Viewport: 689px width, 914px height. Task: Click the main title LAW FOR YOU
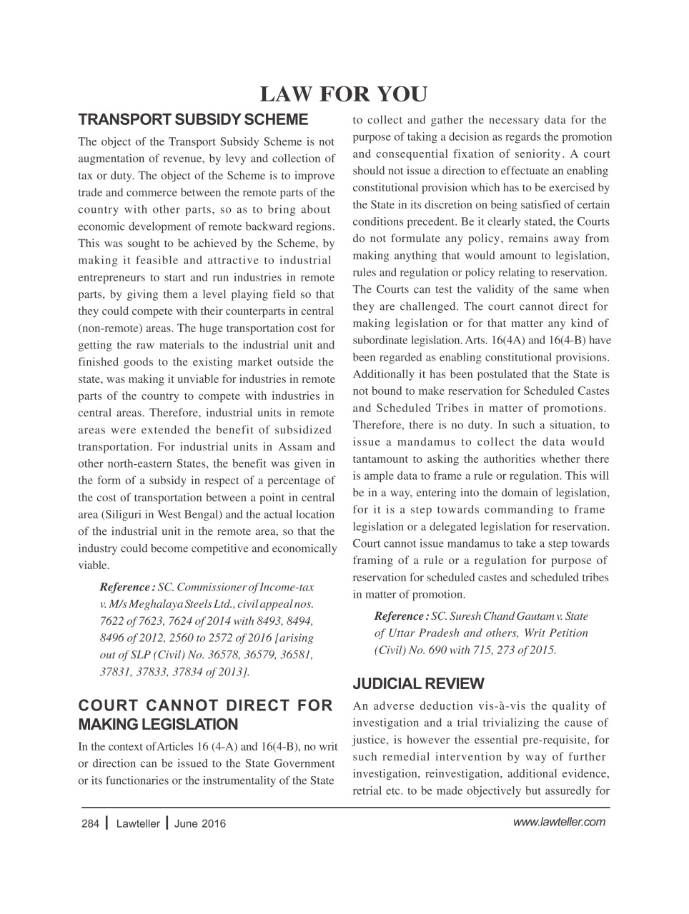pos(343,94)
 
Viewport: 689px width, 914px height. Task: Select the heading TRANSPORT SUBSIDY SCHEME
pos(192,119)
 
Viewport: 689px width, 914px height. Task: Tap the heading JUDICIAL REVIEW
pos(418,683)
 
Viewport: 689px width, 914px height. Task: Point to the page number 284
pos(90,823)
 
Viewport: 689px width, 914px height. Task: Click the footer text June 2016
pos(199,823)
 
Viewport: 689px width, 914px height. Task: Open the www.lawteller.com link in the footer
pos(559,821)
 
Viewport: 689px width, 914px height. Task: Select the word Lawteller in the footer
pos(138,823)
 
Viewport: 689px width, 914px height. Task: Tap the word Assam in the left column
pos(289,446)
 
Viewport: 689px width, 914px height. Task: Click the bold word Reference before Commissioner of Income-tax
pos(126,587)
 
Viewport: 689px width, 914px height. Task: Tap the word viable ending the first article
pos(93,565)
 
